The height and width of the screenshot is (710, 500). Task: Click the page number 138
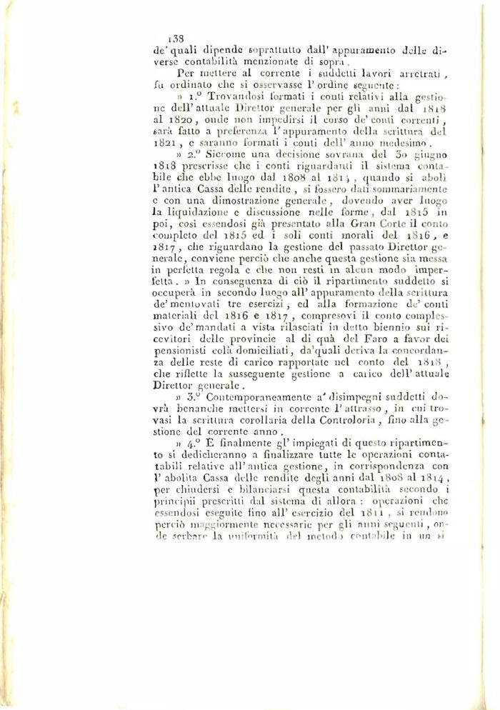tap(174, 40)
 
